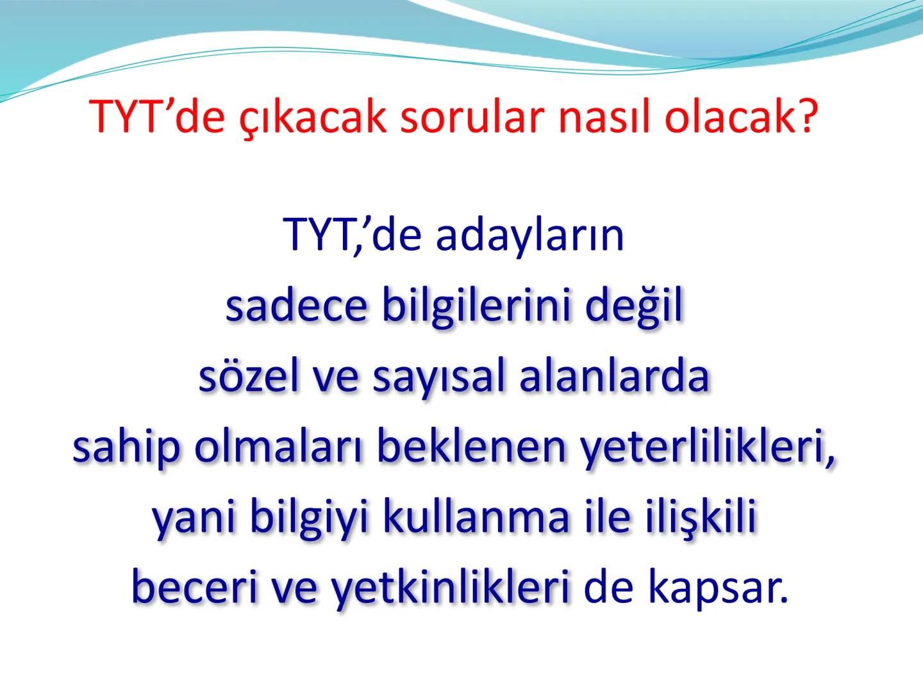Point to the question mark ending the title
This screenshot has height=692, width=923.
[807, 118]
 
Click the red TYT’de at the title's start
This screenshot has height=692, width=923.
[157, 118]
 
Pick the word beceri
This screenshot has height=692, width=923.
[189, 588]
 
